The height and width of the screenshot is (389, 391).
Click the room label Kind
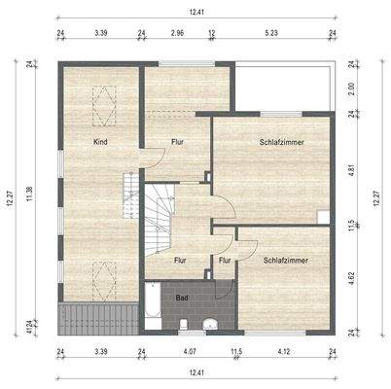100,142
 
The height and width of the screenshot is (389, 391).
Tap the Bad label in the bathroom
181,297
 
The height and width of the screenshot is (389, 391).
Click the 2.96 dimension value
177,32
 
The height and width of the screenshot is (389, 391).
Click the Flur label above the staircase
178,142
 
